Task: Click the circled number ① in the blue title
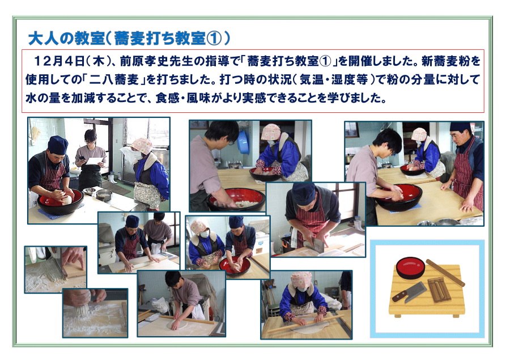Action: [214, 39]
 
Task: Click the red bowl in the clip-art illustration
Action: [410, 267]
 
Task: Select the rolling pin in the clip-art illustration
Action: [445, 273]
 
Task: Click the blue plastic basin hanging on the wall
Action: [243, 142]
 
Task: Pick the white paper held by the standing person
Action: [95, 162]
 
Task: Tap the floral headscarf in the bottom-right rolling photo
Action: [301, 280]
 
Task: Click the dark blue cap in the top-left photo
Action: [58, 145]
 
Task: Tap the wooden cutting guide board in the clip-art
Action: [439, 289]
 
